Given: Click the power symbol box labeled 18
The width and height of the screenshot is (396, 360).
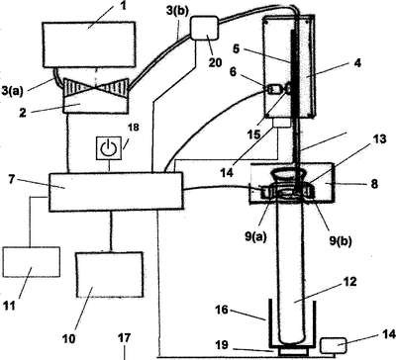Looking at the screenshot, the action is (109, 148).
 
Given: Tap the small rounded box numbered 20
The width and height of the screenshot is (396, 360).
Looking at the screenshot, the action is (204, 29).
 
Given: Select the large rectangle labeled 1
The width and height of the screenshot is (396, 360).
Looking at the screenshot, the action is (88, 45).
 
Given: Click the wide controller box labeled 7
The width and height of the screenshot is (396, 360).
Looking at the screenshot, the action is (116, 191).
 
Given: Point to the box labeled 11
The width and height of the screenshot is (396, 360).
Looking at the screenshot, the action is (32, 262).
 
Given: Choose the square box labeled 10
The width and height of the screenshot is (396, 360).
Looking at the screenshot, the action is (110, 275).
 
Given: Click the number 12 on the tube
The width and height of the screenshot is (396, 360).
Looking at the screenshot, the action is (349, 282).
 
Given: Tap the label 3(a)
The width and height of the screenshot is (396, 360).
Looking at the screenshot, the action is (13, 90).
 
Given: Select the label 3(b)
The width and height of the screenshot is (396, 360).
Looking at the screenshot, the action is (177, 11).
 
